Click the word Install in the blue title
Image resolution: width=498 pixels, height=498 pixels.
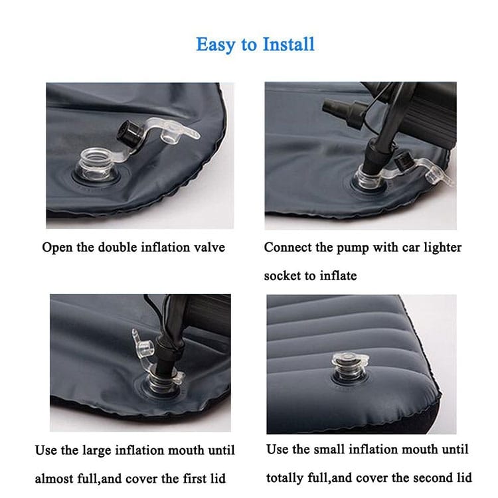[289, 44]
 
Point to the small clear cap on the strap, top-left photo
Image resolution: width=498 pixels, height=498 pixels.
[171, 135]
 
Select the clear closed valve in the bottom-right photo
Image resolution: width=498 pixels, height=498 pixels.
[350, 367]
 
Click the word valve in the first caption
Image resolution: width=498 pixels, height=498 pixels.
[209, 248]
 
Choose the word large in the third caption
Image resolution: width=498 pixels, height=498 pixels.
[95, 451]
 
